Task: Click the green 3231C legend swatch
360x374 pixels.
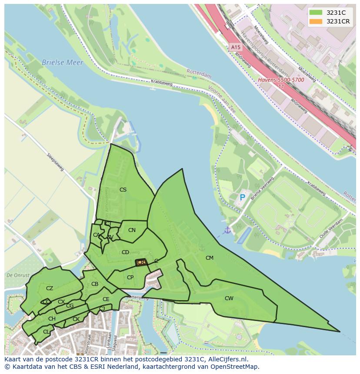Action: [316, 13]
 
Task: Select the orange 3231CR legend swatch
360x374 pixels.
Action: [316, 22]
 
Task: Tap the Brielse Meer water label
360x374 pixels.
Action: [62, 63]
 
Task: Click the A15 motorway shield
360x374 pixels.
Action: [235, 47]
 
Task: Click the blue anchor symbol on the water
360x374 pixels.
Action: [227, 230]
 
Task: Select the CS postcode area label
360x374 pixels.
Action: [123, 190]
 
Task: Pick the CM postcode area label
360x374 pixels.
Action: [210, 258]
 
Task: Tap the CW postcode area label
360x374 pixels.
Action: [229, 298]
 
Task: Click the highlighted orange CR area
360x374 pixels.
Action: [141, 262]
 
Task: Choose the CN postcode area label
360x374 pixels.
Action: [132, 230]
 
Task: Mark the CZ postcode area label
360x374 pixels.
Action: [50, 288]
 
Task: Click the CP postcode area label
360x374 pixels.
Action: [130, 278]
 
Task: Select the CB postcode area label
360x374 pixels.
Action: [95, 284]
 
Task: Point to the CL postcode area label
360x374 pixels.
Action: [46, 332]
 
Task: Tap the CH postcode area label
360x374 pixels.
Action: [52, 319]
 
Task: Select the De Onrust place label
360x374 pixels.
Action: [18, 275]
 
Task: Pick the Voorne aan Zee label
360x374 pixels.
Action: [222, 99]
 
